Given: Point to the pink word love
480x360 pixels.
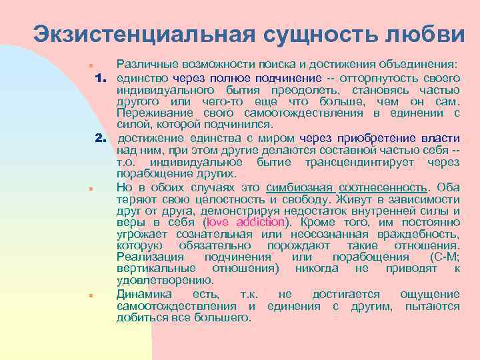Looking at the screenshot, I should click(x=222, y=222).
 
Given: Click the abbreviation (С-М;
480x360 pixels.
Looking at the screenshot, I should click(x=441, y=257).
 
